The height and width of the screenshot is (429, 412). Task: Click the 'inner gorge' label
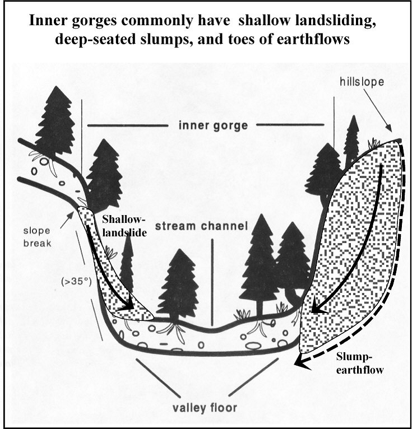pos(212,125)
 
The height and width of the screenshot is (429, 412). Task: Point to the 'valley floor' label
pos(206,407)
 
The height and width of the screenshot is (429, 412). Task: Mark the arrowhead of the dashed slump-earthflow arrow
pos(301,363)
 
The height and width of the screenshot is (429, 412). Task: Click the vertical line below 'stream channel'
pos(212,281)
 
